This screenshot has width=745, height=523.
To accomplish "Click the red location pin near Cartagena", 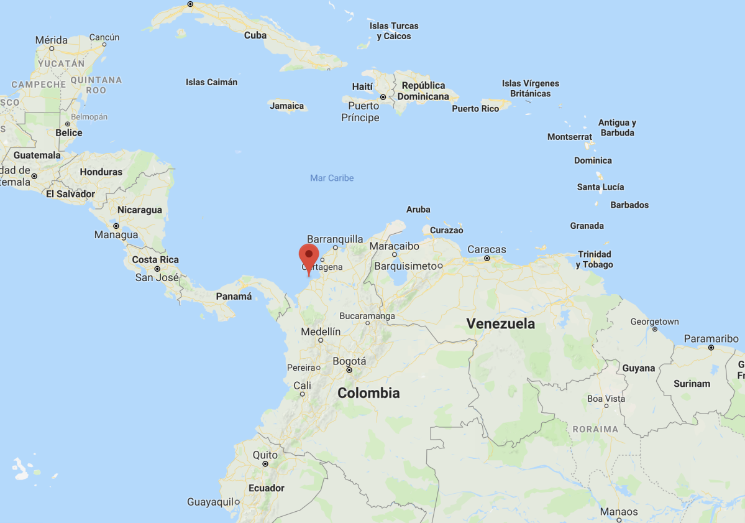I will (309, 256).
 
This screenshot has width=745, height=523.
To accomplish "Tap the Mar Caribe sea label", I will (332, 178).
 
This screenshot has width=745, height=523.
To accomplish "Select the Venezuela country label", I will (501, 323).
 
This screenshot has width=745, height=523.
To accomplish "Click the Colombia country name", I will (368, 393).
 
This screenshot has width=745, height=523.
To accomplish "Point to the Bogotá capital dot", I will (349, 370).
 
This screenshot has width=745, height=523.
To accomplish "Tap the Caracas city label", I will (487, 249).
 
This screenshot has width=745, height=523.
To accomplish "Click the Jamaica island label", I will (287, 106).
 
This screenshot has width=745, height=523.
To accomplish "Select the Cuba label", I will (255, 35).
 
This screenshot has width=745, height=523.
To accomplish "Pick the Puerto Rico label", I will (475, 109).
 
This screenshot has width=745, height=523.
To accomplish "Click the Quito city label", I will (265, 455).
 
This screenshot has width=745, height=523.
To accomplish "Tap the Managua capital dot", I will (116, 226).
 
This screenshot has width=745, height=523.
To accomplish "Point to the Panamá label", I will (234, 297).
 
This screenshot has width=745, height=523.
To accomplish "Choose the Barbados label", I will (629, 205).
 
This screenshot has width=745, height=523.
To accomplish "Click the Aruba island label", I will (418, 210).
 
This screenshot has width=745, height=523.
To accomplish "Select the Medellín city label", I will (321, 332).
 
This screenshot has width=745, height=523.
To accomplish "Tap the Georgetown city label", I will (654, 322).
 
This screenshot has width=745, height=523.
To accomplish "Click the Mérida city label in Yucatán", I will (52, 40).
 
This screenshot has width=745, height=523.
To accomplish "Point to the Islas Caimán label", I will (211, 82).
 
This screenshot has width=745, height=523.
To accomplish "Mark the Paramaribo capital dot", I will (711, 348).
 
